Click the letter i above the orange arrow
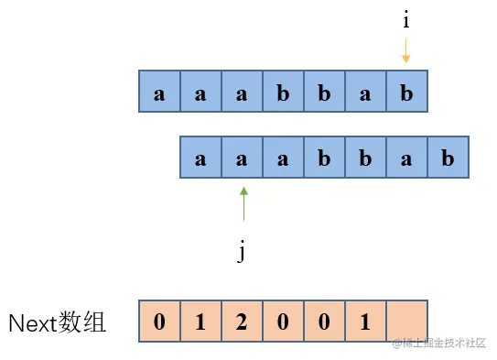[x=405, y=19]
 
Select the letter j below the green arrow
[x=242, y=252]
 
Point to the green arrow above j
[x=243, y=203]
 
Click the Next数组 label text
[x=57, y=322]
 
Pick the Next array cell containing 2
[x=243, y=322]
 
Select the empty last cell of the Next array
[x=406, y=322]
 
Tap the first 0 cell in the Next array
[x=160, y=322]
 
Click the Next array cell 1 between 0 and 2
[x=201, y=322]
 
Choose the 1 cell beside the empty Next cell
[x=365, y=322]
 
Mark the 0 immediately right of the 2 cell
[x=283, y=322]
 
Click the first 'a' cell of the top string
[x=160, y=93]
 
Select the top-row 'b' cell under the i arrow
[x=406, y=93]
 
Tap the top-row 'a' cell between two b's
[x=365, y=93]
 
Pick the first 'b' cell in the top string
[x=283, y=93]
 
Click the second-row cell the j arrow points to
[x=243, y=158]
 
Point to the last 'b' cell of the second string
[x=448, y=158]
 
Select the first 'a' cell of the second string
[x=201, y=158]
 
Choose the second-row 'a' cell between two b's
[x=406, y=158]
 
